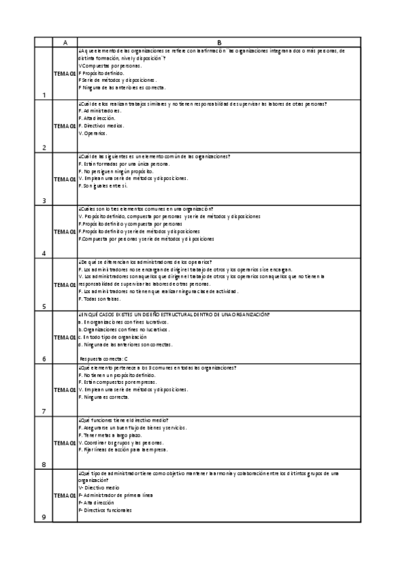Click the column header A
[x=65, y=42]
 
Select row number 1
[x=44, y=95]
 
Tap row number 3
[x=44, y=200]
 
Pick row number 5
[x=44, y=306]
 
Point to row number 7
[x=44, y=412]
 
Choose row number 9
[x=44, y=517]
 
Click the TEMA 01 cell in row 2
[x=65, y=126]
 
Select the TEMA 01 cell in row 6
[x=65, y=336]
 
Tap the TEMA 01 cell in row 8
[x=65, y=443]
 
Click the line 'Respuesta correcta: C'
[x=104, y=358]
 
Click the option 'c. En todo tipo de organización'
[x=112, y=336]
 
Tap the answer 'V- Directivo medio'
[x=99, y=487]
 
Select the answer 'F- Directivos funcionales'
[x=105, y=510]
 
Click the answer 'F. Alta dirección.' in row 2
[x=97, y=118]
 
